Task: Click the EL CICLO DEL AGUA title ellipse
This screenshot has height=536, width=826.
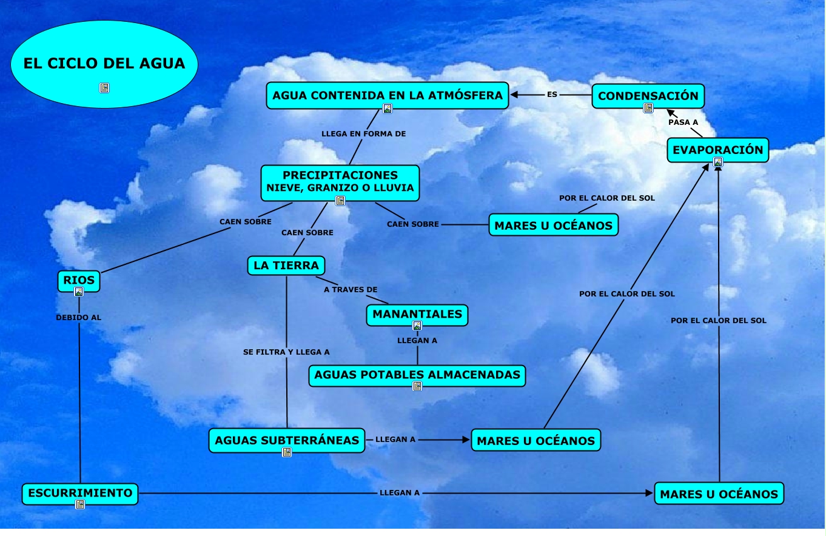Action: (x=104, y=64)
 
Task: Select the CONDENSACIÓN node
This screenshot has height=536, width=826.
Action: (x=648, y=96)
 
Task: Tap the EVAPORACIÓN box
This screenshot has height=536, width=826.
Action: (x=717, y=150)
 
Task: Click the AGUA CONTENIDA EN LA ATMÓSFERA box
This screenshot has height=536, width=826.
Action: (x=387, y=95)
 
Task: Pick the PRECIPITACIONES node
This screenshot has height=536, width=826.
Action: (x=340, y=182)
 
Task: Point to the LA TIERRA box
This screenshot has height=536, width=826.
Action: (x=286, y=266)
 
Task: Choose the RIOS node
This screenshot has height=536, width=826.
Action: (x=79, y=281)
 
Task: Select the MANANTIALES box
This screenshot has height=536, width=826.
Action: (x=417, y=314)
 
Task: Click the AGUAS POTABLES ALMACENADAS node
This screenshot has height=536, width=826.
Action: (x=417, y=375)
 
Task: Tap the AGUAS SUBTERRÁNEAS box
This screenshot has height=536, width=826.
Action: (x=287, y=440)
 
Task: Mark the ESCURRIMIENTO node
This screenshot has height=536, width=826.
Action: (x=80, y=493)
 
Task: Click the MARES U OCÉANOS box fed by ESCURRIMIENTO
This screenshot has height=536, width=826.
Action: (x=719, y=494)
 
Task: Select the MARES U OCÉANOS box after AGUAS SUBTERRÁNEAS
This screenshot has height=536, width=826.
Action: (x=536, y=441)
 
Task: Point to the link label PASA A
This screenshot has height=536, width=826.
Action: (x=683, y=122)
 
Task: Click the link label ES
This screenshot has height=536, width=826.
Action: (x=552, y=95)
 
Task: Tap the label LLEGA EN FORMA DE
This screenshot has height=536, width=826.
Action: (x=363, y=133)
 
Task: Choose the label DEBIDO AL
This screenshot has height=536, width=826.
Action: (x=78, y=317)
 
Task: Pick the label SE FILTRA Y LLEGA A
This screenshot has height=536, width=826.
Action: (x=286, y=352)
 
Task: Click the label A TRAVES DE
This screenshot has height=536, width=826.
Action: (x=351, y=290)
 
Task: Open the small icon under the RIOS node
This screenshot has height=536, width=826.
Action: (x=78, y=292)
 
